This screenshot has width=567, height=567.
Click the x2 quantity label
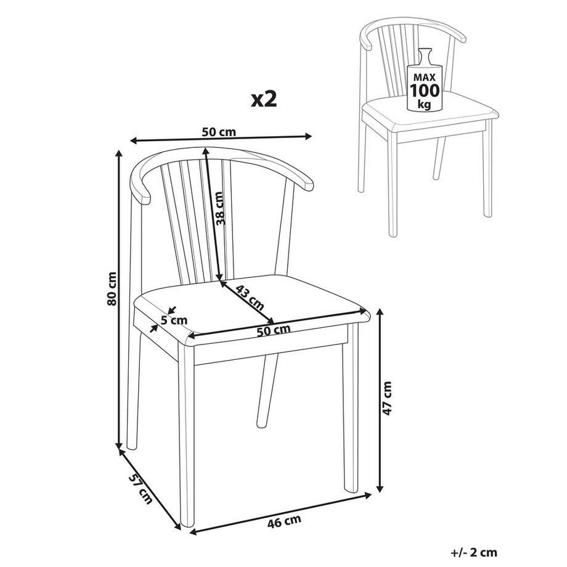coord(263,99)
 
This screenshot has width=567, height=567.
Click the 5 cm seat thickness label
coord(174,320)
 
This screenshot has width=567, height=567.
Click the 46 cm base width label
coord(284,522)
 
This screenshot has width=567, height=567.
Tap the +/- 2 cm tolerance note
coord(475,553)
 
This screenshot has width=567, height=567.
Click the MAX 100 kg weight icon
coord(425,81)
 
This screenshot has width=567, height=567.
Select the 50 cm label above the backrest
coord(219,131)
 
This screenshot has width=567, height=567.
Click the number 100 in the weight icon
coord(425,91)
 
